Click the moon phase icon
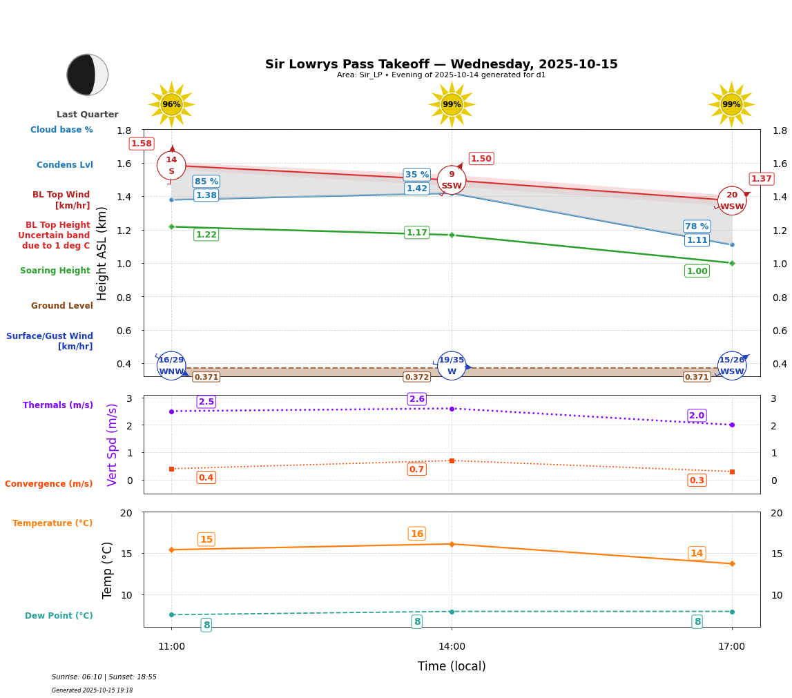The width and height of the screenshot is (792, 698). pyautogui.click(x=88, y=75)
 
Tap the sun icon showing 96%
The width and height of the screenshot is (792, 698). pyautogui.click(x=171, y=104)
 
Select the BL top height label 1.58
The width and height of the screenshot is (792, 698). pyautogui.click(x=142, y=144)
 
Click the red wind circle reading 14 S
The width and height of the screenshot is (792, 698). pyautogui.click(x=171, y=166)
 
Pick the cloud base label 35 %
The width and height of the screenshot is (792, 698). pyautogui.click(x=417, y=175)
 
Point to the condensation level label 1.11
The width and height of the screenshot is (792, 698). pyautogui.click(x=697, y=240)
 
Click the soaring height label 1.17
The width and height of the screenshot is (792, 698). pyautogui.click(x=417, y=233)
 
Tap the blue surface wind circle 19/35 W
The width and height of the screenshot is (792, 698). pyautogui.click(x=452, y=366)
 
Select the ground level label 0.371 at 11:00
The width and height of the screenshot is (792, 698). pyautogui.click(x=206, y=377)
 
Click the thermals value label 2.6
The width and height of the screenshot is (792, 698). pyautogui.click(x=417, y=399)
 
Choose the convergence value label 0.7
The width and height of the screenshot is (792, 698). pyautogui.click(x=417, y=469)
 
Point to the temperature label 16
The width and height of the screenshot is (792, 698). pyautogui.click(x=417, y=534)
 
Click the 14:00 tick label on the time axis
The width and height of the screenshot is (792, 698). pyautogui.click(x=452, y=647)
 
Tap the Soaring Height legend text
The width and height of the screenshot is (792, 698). pyautogui.click(x=55, y=271)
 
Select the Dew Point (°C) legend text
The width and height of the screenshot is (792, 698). pyautogui.click(x=59, y=616)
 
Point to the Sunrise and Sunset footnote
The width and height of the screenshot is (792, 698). pyautogui.click(x=104, y=677)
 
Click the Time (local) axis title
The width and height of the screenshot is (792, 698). pyautogui.click(x=452, y=666)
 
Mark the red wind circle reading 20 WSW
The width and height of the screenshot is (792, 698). pyautogui.click(x=732, y=201)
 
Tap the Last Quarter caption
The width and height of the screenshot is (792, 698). pyautogui.click(x=88, y=115)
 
